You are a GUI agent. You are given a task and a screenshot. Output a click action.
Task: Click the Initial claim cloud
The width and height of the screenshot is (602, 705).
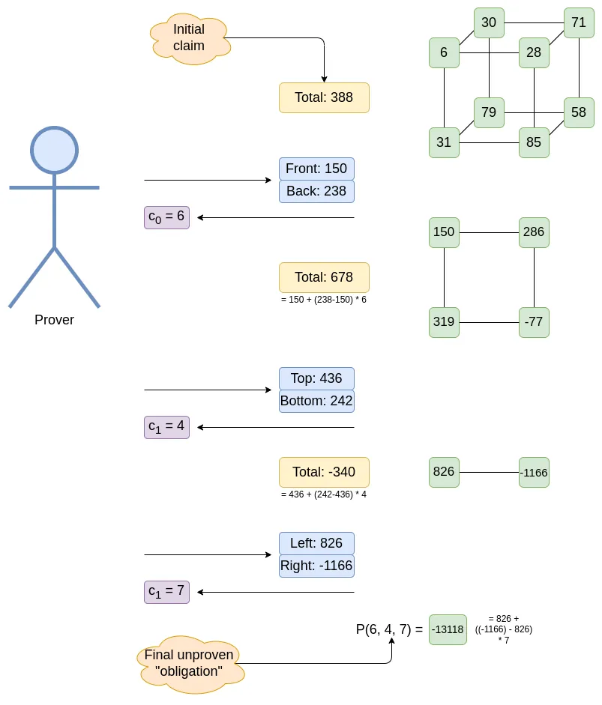click(190, 38)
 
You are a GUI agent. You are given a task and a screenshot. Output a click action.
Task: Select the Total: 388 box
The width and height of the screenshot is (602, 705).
click(324, 97)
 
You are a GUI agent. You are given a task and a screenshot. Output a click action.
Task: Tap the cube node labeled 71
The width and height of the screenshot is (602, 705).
click(579, 22)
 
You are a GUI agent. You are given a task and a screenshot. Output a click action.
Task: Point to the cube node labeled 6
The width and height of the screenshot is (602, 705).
click(444, 52)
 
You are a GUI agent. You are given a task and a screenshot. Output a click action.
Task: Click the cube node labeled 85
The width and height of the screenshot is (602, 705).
click(534, 142)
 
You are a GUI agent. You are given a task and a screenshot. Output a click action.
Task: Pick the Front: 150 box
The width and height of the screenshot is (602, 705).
click(316, 169)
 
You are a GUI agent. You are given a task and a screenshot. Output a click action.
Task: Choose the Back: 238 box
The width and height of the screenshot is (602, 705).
click(316, 191)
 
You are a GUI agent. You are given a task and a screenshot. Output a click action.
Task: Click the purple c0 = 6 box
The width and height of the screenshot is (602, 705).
click(166, 217)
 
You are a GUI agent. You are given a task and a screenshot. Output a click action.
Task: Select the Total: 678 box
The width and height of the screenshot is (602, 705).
click(324, 277)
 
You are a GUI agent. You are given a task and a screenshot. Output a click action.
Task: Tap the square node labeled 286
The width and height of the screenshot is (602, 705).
click(534, 232)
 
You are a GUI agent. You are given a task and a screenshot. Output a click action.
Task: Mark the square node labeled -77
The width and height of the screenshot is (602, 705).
click(534, 322)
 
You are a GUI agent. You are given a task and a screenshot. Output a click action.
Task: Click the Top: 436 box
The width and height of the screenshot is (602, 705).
click(316, 378)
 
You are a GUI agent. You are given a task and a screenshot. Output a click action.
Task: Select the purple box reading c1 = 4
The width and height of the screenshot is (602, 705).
click(166, 427)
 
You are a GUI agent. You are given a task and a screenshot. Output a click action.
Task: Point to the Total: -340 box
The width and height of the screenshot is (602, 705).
click(324, 472)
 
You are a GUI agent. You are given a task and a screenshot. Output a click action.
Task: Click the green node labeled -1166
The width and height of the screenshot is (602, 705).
click(534, 473)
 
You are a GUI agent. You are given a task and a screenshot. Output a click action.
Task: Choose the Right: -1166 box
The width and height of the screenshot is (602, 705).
click(316, 566)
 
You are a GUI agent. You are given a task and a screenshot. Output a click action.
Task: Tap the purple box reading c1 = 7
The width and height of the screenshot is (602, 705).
click(166, 592)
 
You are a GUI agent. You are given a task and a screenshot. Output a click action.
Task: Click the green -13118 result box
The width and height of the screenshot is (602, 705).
click(448, 629)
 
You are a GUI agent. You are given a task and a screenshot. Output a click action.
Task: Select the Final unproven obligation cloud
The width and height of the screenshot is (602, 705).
click(190, 663)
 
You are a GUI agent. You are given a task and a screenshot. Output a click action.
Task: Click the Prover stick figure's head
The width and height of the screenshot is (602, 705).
click(54, 150)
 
